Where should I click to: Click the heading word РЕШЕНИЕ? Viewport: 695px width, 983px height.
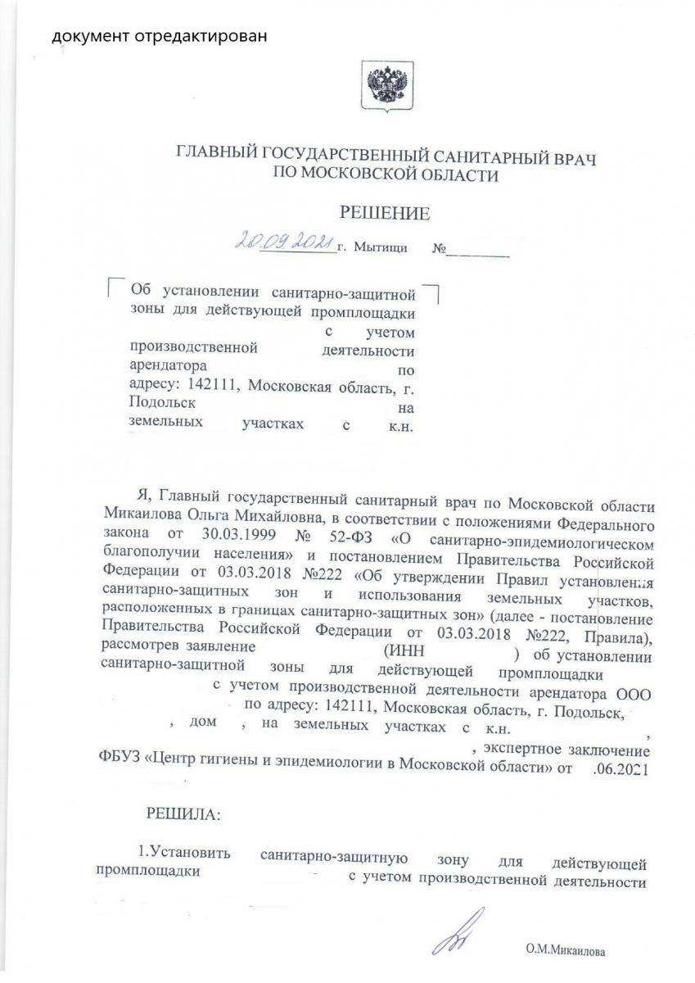pyautogui.click(x=384, y=214)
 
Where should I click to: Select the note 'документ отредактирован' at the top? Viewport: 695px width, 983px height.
pyautogui.click(x=160, y=37)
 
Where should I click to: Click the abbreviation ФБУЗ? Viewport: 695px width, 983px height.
pyautogui.click(x=118, y=770)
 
